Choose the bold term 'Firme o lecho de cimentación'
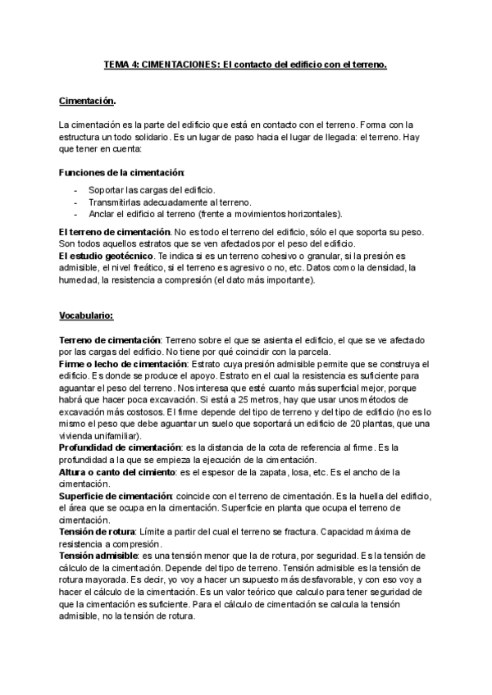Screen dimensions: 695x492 coord(123,363)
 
